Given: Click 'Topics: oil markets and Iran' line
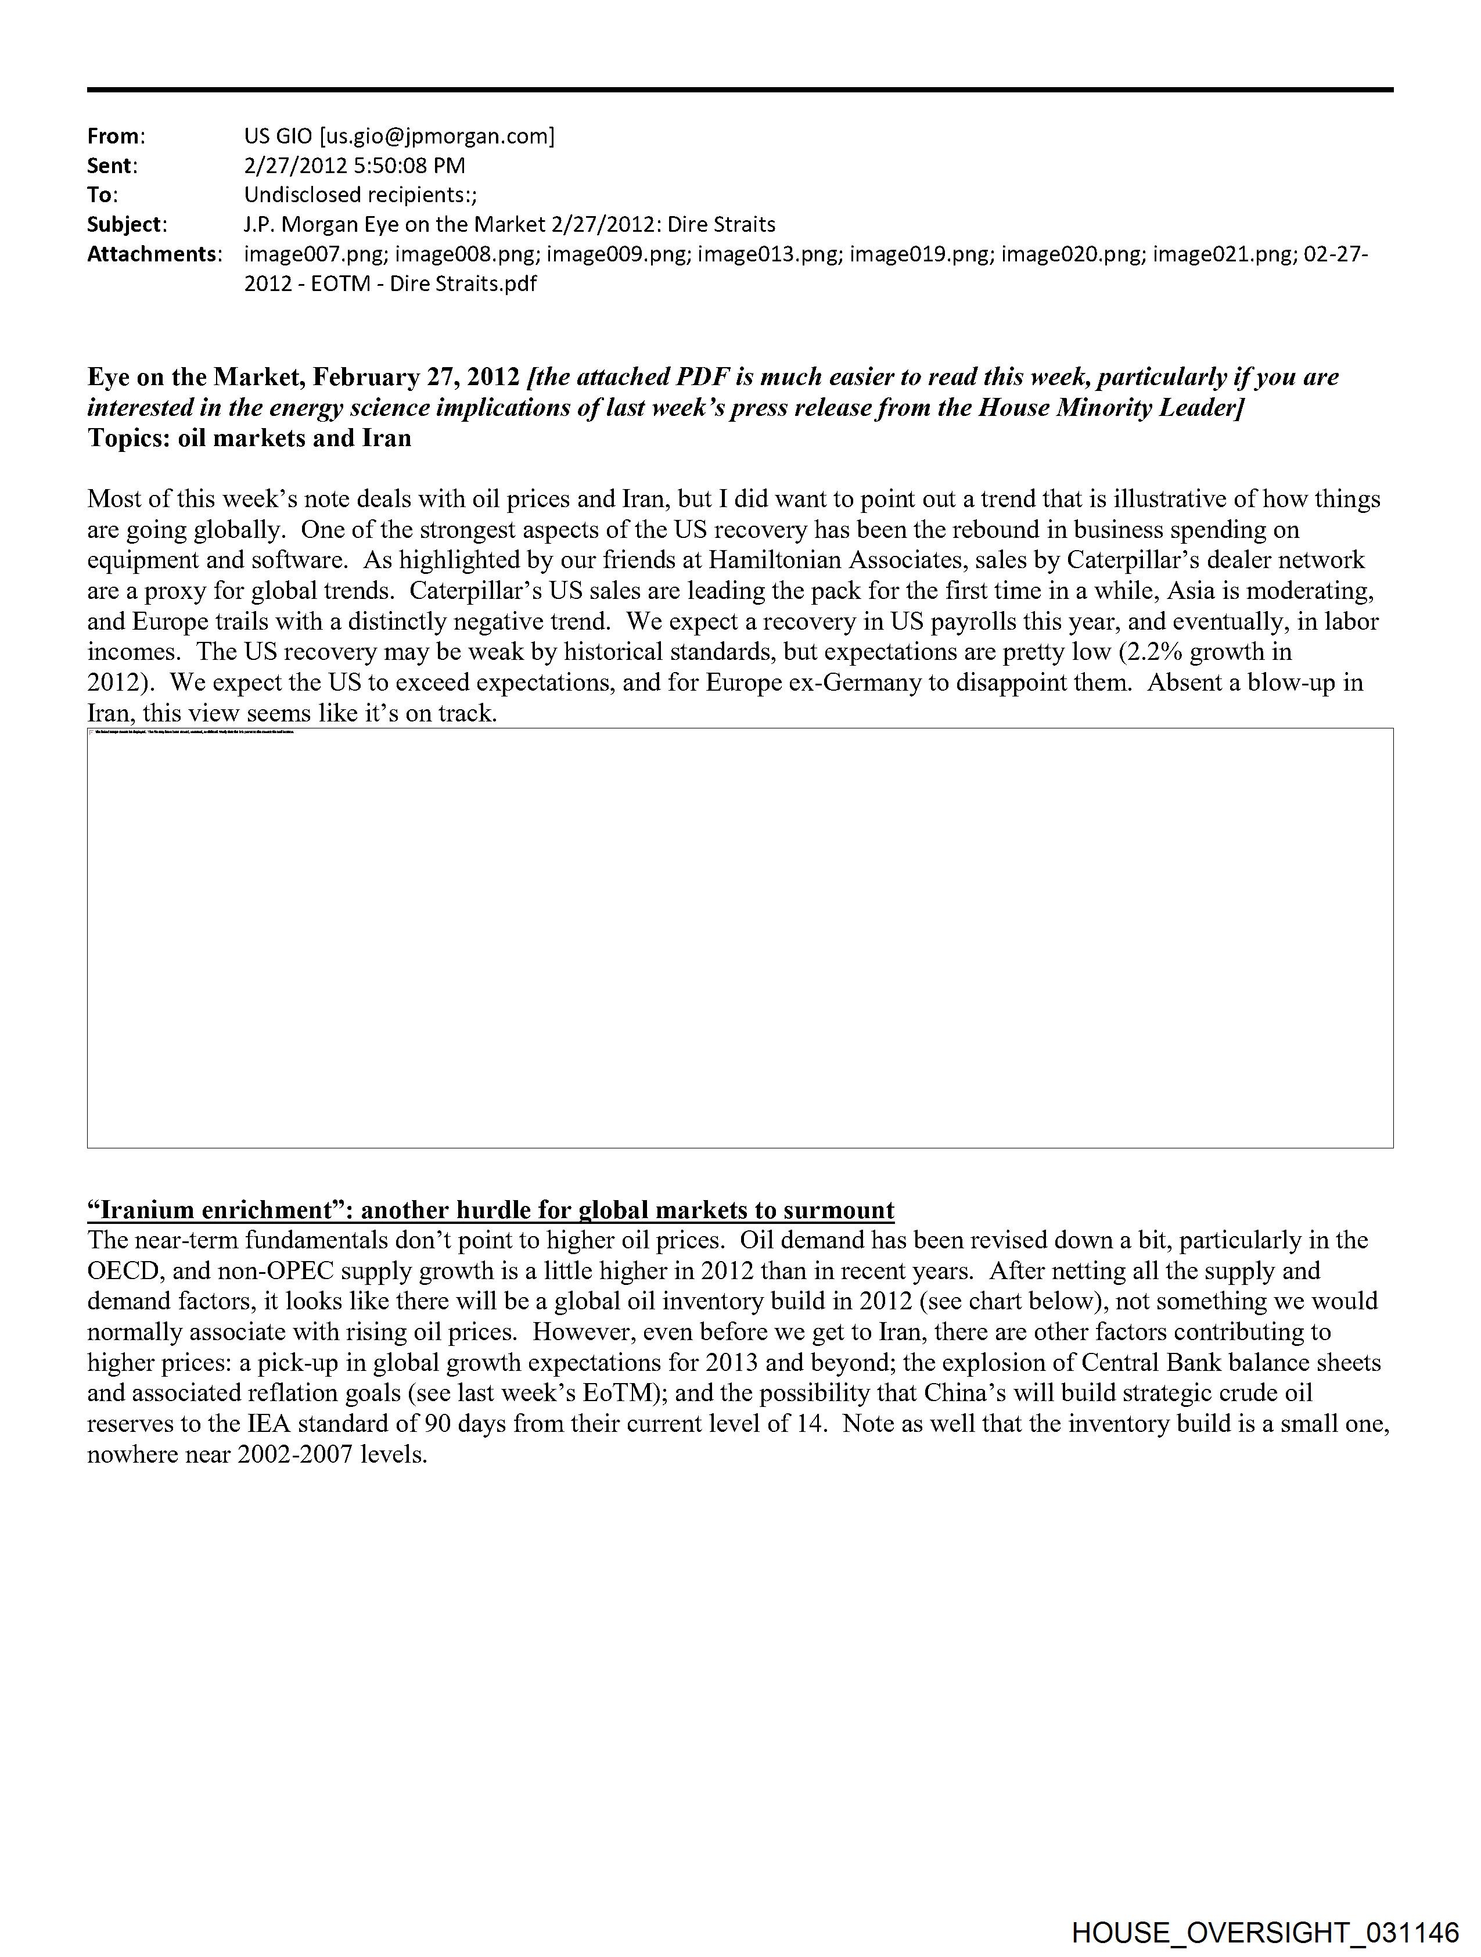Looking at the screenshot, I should pyautogui.click(x=250, y=438).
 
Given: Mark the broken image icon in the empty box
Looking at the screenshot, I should pyautogui.click(x=92, y=732).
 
